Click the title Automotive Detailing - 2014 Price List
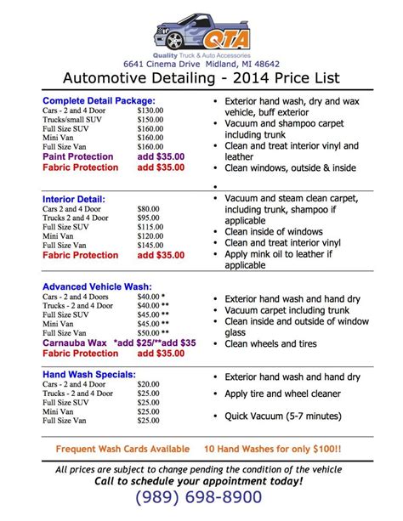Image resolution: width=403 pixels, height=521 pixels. click(x=201, y=78)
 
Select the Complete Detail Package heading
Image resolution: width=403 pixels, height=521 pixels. click(x=99, y=101)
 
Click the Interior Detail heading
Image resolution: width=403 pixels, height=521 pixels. click(x=73, y=198)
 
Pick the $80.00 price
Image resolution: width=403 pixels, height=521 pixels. click(x=150, y=209)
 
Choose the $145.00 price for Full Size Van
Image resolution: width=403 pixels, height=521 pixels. click(x=152, y=245)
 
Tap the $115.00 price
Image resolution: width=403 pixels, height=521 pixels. click(x=152, y=227)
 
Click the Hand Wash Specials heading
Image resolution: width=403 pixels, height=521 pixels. click(x=88, y=374)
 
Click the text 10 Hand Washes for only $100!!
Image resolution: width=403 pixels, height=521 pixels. click(x=274, y=449)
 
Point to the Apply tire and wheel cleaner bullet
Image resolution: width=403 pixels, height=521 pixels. click(x=282, y=394)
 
